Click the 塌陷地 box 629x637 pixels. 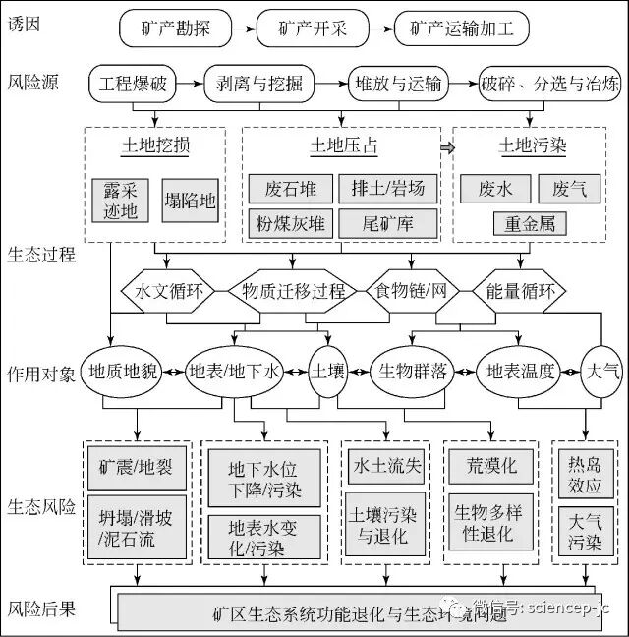point(190,200)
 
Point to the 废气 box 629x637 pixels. point(569,188)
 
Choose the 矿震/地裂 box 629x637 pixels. point(137,467)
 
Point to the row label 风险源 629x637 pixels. point(32,83)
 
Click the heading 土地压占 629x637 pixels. point(343,146)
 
